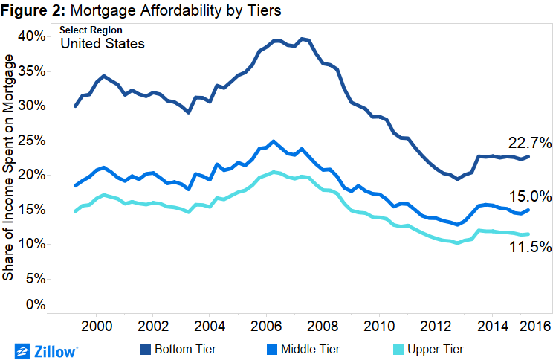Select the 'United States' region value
[102, 44]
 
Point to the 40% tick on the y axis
[33, 36]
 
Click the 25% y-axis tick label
[33, 141]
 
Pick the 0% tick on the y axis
[36, 305]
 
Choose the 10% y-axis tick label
[33, 244]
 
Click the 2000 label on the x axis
[96, 326]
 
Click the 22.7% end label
[529, 143]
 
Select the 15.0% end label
[529, 197]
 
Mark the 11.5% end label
[529, 248]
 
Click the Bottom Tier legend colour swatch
[143, 348]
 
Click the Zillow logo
[46, 349]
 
